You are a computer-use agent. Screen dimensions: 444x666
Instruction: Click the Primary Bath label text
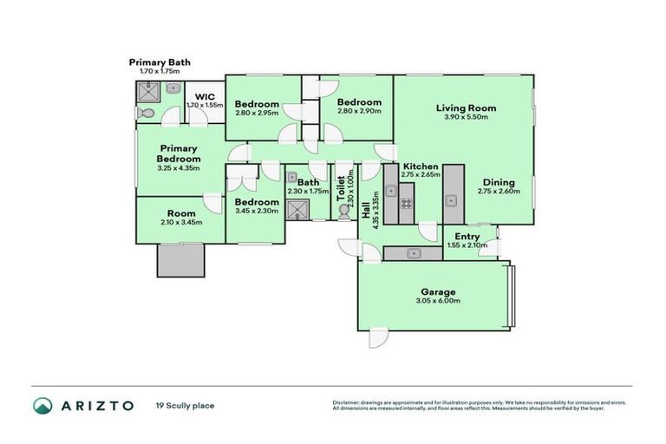point(160,62)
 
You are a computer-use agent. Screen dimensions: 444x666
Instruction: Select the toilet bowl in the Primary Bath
point(145,113)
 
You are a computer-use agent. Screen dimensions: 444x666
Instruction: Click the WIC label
point(205,96)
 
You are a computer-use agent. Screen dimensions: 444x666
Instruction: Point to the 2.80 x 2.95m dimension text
point(256,112)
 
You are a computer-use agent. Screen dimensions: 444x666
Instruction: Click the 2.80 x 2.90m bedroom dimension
point(359,111)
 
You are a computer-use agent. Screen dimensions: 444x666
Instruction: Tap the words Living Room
point(466,108)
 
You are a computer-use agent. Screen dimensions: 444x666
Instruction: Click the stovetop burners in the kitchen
point(406,205)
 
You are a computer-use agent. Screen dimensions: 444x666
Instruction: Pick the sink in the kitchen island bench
point(451,200)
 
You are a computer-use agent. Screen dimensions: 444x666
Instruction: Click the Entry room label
point(467,236)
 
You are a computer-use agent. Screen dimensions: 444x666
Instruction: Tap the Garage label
point(438,292)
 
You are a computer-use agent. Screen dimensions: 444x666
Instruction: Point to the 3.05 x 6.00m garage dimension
point(438,302)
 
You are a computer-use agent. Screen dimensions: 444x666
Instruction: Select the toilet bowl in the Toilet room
point(344,212)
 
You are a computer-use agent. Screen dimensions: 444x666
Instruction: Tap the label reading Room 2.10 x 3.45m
point(181,217)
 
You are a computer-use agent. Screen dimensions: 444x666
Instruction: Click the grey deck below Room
point(180,258)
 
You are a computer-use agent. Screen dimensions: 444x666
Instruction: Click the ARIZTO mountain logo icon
point(42,405)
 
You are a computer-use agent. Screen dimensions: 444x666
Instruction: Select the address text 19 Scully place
point(185,405)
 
